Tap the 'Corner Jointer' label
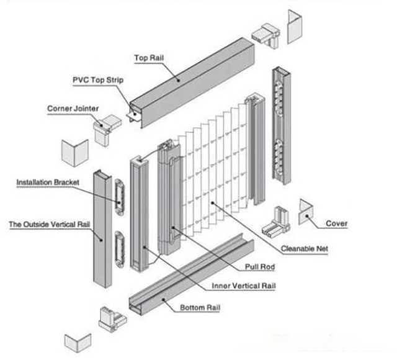click(73, 109)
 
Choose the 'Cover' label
click(337, 223)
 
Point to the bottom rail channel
click(186, 273)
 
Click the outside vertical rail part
click(102, 230)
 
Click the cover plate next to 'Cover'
click(308, 212)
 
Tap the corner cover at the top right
click(295, 28)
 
